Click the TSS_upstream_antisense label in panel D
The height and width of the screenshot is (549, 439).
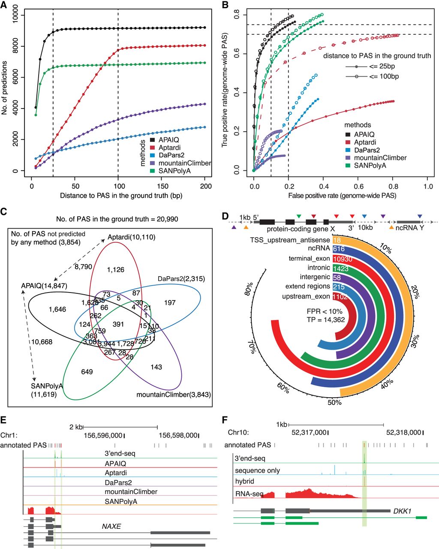tap(290, 240)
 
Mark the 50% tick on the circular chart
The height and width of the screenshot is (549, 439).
tap(334, 403)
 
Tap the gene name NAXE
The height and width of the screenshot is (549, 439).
tap(111, 526)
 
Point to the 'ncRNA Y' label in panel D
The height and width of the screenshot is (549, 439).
tap(410, 228)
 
